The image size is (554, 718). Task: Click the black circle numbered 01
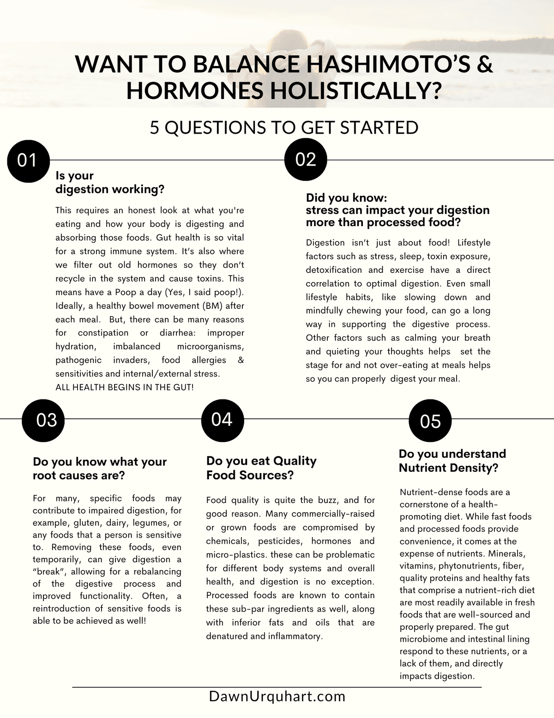(28, 160)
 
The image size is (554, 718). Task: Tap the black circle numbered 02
(306, 160)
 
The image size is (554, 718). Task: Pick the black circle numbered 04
(222, 419)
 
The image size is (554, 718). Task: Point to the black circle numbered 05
(430, 422)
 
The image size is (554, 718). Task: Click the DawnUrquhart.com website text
(277, 696)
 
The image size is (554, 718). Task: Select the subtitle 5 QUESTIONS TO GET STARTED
(284, 127)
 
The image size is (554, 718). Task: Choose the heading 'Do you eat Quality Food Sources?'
(261, 468)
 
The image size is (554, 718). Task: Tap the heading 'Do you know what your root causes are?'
(100, 468)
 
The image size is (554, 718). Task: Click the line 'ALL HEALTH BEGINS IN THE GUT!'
(125, 387)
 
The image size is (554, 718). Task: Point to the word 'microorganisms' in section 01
(211, 346)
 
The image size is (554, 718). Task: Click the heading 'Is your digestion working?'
(110, 182)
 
